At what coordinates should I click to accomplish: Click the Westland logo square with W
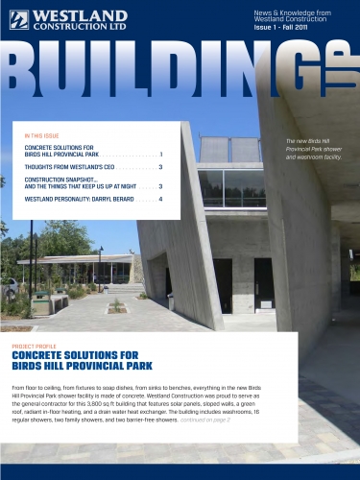pyautogui.click(x=20, y=18)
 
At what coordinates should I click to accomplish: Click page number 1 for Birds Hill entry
pyautogui.click(x=160, y=154)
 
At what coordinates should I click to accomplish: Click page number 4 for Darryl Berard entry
pyautogui.click(x=160, y=199)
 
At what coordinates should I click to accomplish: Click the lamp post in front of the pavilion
pyautogui.click(x=100, y=268)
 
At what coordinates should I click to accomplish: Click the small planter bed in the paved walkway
pyautogui.click(x=116, y=307)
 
